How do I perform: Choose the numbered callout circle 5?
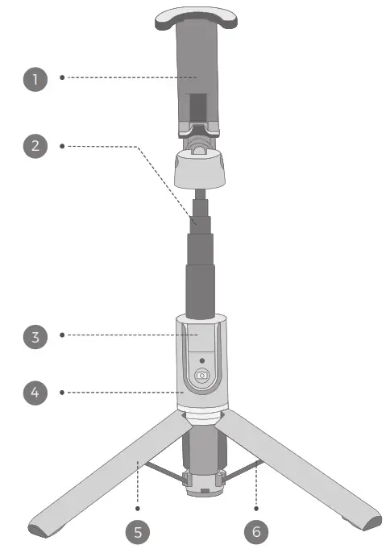coord(138,531)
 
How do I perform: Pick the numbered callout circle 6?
coord(257,531)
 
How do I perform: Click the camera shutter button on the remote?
coord(202,376)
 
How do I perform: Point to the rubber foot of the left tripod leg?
coord(40,530)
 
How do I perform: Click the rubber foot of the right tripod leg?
coord(361,529)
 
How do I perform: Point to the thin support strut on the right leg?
coord(243,471)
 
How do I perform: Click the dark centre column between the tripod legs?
coord(201,451)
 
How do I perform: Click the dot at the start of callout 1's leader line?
coord(62,78)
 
